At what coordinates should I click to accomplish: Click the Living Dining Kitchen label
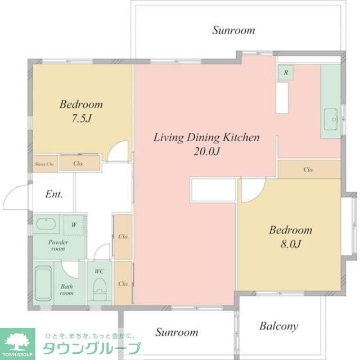[206, 137]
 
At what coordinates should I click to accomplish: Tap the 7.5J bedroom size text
[81, 119]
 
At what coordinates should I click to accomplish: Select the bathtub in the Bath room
[43, 285]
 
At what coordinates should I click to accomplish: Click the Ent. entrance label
[53, 195]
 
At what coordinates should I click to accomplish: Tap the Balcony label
[278, 326]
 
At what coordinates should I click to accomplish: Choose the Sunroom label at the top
[233, 30]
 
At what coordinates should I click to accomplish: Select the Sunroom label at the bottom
[177, 332]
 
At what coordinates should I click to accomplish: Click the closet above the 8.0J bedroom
[309, 169]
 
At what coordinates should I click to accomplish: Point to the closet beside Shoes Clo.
[79, 164]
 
